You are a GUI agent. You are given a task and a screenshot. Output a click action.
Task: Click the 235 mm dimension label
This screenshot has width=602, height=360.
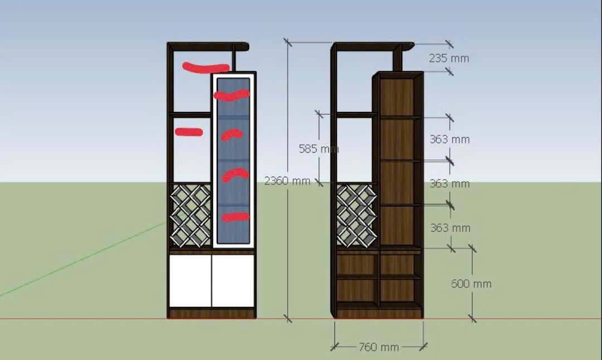click(449, 59)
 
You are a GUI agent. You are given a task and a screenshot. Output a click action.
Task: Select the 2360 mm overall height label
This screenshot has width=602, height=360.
click(287, 181)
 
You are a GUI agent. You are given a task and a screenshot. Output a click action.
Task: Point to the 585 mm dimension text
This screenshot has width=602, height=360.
click(319, 149)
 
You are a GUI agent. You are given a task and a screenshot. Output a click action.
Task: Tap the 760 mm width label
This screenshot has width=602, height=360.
click(379, 347)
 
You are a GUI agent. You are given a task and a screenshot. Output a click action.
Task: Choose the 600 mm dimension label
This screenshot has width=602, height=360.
click(471, 284)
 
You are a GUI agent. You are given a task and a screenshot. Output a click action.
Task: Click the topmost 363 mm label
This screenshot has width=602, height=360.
click(450, 139)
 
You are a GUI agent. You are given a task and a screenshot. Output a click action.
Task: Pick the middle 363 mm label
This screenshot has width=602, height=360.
click(450, 183)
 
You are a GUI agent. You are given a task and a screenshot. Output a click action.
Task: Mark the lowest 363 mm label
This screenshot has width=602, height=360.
click(450, 228)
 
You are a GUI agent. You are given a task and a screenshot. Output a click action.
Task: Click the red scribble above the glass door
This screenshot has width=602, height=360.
click(206, 68)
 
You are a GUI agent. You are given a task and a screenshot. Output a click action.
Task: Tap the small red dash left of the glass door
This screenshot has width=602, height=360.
click(189, 132)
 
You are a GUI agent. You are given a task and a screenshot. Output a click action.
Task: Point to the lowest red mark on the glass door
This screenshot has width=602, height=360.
click(235, 217)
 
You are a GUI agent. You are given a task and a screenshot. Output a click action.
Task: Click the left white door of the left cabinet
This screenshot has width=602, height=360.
click(191, 281)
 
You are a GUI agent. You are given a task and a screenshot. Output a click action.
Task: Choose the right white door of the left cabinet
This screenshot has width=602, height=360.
click(233, 281)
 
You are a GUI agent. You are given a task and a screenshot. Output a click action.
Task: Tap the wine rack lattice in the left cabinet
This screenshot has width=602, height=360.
click(191, 215)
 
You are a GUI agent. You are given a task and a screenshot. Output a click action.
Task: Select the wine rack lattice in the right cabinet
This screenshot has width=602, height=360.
click(357, 215)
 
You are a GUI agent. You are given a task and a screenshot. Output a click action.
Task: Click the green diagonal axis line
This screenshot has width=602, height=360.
click(83, 260)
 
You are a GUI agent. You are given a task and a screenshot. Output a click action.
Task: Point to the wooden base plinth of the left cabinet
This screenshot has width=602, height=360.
click(212, 314)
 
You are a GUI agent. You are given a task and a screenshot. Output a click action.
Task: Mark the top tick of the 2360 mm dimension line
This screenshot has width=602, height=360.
click(288, 42)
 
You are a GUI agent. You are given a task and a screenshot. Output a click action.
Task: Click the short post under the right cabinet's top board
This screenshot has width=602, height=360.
click(397, 61)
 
